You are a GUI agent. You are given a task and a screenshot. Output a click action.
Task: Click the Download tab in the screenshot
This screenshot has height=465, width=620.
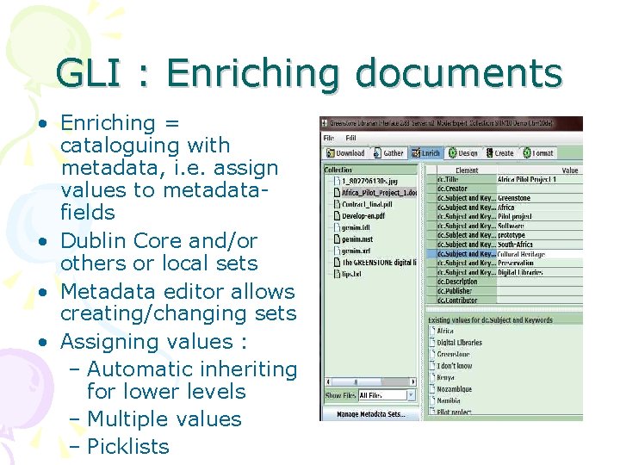(x=345, y=153)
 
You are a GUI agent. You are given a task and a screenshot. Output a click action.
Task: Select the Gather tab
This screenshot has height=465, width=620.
(x=389, y=153)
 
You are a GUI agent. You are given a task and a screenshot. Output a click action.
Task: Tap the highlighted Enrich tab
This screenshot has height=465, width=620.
(x=427, y=153)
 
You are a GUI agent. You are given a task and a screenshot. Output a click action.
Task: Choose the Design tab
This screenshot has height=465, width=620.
(x=464, y=153)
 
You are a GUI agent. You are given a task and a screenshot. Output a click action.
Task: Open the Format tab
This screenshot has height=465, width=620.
(x=539, y=153)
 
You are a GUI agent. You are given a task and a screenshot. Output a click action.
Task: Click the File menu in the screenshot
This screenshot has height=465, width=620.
(x=329, y=138)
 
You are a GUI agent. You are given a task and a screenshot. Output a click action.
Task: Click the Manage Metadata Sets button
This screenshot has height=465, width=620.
(x=371, y=415)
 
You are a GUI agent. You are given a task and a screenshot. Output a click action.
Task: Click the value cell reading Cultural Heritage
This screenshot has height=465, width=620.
(x=526, y=254)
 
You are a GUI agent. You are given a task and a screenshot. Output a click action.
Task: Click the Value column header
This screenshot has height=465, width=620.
(x=569, y=170)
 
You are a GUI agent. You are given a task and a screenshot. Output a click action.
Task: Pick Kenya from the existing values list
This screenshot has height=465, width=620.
(x=448, y=377)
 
